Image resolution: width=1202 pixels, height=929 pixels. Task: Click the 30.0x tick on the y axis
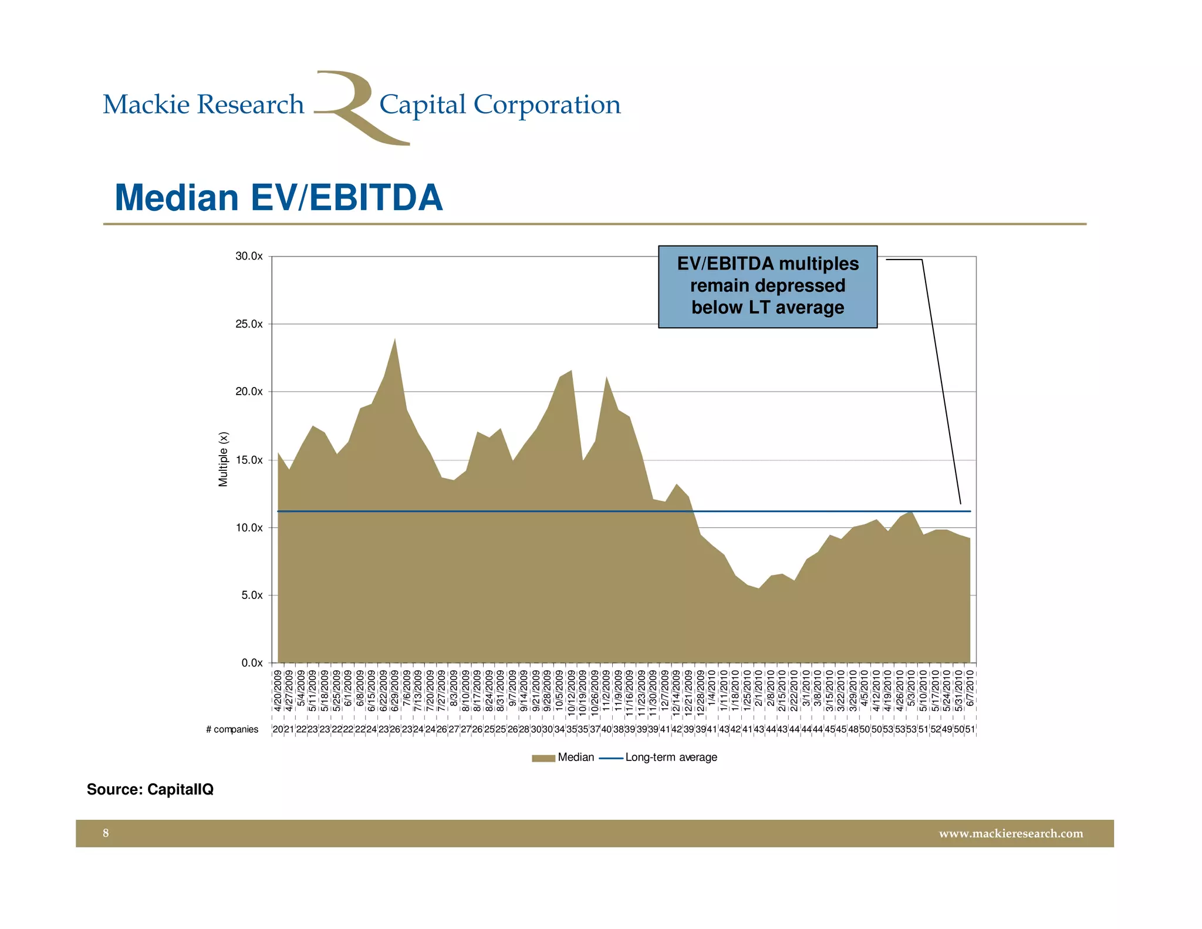coord(249,257)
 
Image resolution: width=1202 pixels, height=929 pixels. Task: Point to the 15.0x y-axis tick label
coord(249,460)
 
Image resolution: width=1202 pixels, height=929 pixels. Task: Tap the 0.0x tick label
coord(252,663)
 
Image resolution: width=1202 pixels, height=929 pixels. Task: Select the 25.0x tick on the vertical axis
coord(249,324)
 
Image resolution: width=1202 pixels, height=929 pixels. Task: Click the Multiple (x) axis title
coord(223,459)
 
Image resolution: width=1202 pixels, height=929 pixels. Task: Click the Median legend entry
coord(563,758)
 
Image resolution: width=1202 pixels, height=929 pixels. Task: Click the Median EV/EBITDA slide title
coord(279,198)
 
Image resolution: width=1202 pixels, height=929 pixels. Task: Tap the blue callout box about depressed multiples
coord(767,286)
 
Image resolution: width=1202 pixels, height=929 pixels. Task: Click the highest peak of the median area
coord(395,339)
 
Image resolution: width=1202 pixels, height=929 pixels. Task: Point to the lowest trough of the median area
coord(759,588)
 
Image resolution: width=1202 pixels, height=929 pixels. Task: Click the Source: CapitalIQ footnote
coord(150,789)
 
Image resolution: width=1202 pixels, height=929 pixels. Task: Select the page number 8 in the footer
coord(106,833)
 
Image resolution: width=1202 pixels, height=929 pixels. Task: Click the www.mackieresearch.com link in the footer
coord(1011,834)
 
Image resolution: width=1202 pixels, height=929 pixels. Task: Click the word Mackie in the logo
coord(146,105)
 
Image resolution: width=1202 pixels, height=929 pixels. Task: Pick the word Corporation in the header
coord(547,105)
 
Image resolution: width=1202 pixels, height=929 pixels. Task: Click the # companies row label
coord(232,729)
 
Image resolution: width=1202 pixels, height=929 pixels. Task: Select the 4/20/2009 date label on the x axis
coord(278,691)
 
